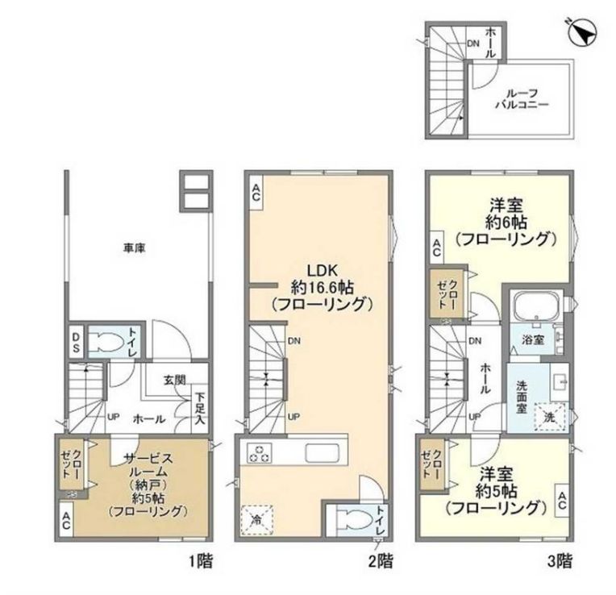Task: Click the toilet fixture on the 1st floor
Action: pos(105,342)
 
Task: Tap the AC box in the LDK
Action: pos(256,191)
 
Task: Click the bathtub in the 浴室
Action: pos(537,308)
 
